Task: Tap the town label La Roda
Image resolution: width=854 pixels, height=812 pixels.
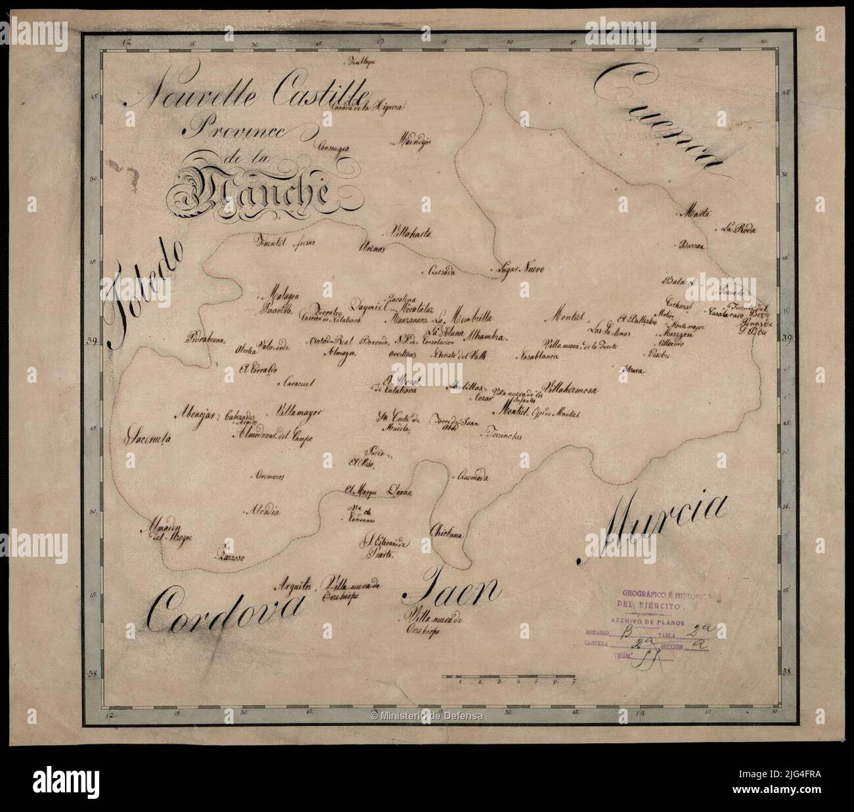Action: pyautogui.click(x=738, y=230)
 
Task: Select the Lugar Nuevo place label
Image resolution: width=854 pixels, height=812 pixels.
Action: pyautogui.click(x=518, y=269)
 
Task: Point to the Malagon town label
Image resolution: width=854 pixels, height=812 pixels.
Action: pyautogui.click(x=281, y=295)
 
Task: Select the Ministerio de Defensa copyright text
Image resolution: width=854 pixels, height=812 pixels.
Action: pyautogui.click(x=426, y=715)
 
